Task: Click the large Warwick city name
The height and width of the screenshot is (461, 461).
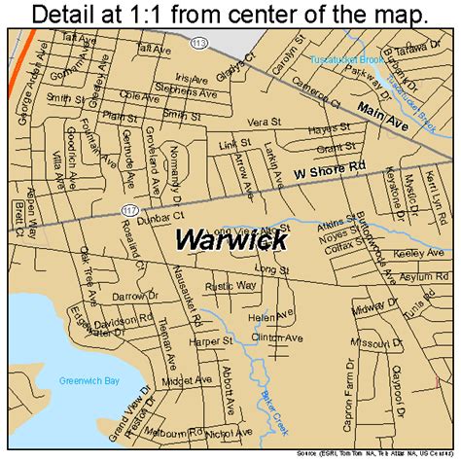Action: coord(230,238)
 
